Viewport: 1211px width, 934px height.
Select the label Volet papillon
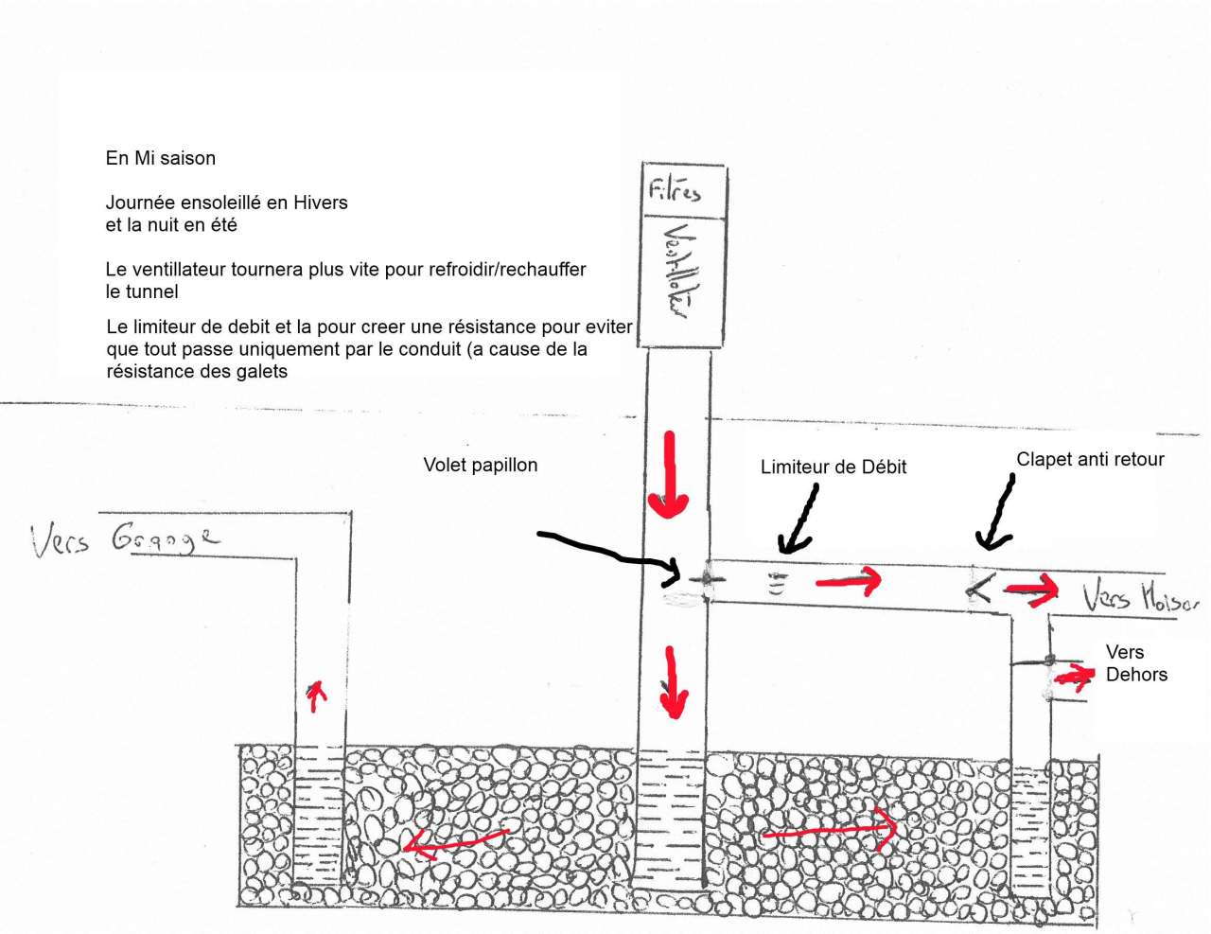(480, 465)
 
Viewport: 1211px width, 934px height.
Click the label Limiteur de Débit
(833, 467)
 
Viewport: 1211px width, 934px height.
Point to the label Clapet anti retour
(1090, 459)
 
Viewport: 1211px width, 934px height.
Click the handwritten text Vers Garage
(124, 538)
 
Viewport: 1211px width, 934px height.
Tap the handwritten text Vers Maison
(1140, 596)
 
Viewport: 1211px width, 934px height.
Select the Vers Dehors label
(1135, 663)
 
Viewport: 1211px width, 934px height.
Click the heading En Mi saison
(160, 158)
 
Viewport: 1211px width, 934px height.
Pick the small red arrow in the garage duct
(316, 696)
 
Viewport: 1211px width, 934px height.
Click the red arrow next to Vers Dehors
(1075, 676)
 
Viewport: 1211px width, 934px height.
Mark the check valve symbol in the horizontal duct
(979, 590)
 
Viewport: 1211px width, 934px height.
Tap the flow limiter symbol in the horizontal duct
(777, 584)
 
